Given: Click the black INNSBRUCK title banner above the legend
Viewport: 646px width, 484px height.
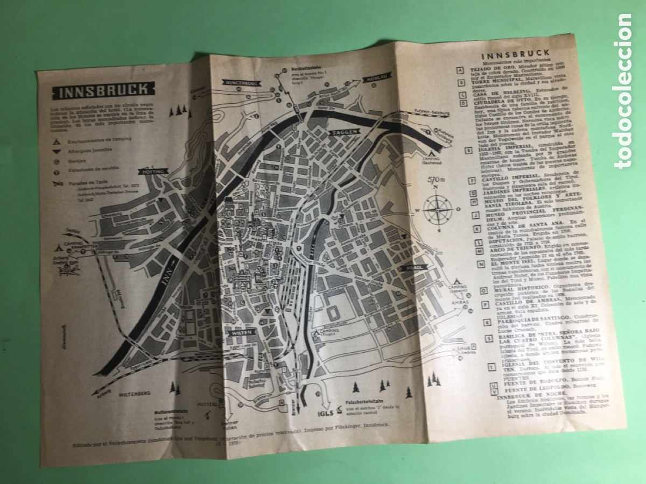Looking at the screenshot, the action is click(x=98, y=90).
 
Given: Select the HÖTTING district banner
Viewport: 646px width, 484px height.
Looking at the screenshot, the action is click(x=153, y=170).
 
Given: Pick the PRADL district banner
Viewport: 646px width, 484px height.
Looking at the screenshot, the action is click(x=414, y=267).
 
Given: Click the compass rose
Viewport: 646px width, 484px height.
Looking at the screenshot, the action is click(x=437, y=210).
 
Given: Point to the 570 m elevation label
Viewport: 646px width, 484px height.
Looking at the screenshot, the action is click(x=436, y=180).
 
